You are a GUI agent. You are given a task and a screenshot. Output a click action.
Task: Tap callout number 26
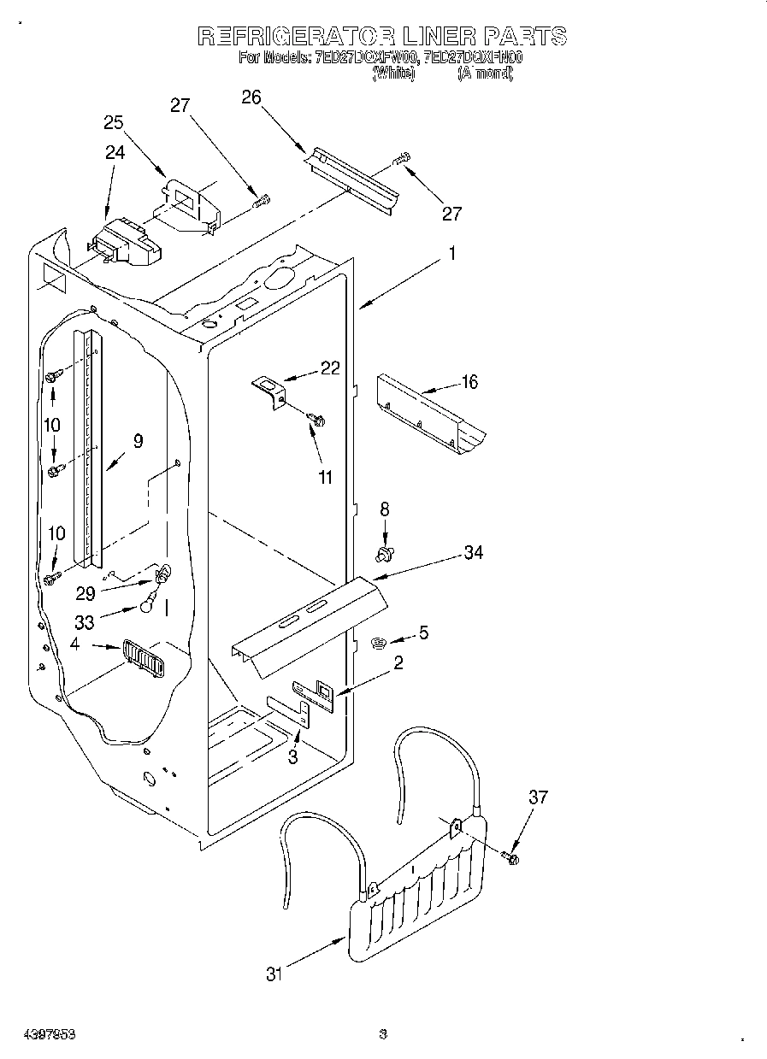251,97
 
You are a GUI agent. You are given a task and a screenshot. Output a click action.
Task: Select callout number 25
115,122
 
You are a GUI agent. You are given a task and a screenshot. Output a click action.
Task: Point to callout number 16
469,382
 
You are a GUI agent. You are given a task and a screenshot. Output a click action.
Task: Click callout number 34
473,553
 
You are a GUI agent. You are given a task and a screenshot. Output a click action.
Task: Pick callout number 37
537,798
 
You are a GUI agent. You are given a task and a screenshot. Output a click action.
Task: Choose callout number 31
274,974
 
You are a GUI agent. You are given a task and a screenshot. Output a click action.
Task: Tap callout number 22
329,368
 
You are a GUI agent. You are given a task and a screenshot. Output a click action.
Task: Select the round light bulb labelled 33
148,607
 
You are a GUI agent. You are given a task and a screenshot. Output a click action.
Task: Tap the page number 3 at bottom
383,1033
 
